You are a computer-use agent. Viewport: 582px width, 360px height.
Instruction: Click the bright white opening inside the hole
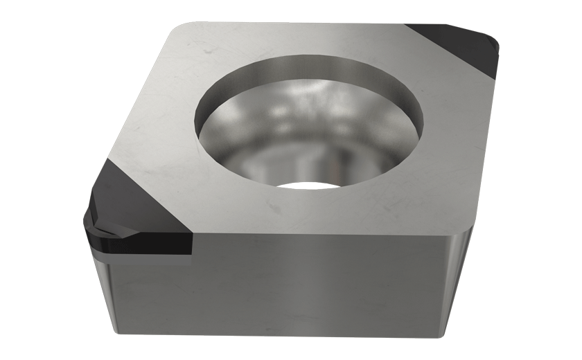coord(305,186)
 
